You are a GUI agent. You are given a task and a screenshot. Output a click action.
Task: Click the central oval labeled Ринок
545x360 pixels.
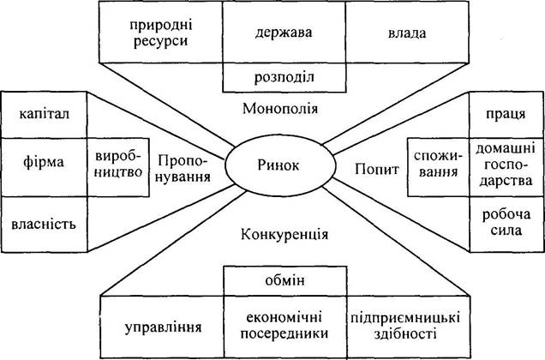coord(280,165)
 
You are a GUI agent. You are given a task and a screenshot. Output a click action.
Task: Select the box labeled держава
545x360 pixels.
coord(284,33)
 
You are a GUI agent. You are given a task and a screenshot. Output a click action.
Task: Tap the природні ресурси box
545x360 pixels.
coord(160,33)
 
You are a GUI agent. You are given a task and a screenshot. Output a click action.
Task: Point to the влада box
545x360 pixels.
coord(407,33)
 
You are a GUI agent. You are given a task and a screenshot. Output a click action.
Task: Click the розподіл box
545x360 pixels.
coord(284,77)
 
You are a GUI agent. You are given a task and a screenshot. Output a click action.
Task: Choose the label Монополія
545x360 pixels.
coord(280,109)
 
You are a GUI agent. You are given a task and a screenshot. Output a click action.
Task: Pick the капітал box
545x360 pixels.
coord(44,115)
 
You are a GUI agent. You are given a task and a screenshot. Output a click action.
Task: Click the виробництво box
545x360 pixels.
coord(118,167)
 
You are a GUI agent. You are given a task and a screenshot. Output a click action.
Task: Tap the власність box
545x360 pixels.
coord(44,225)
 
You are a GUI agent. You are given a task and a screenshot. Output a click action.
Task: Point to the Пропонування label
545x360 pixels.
coord(184,169)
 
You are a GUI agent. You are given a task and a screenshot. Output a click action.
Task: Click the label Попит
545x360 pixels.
coord(377,170)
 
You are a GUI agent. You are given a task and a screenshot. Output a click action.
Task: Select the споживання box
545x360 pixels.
coord(438,167)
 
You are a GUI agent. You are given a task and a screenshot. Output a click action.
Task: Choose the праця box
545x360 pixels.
coord(506,115)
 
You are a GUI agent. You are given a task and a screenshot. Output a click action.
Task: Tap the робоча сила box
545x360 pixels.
coord(506,224)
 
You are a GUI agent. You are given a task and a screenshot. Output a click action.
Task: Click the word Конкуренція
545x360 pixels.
coord(284,235)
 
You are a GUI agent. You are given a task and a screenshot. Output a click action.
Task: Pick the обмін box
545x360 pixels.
coord(285,281)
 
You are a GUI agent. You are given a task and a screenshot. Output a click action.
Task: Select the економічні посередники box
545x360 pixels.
coord(285,327)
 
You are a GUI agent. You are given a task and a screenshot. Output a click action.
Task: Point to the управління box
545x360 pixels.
coord(162,327)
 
